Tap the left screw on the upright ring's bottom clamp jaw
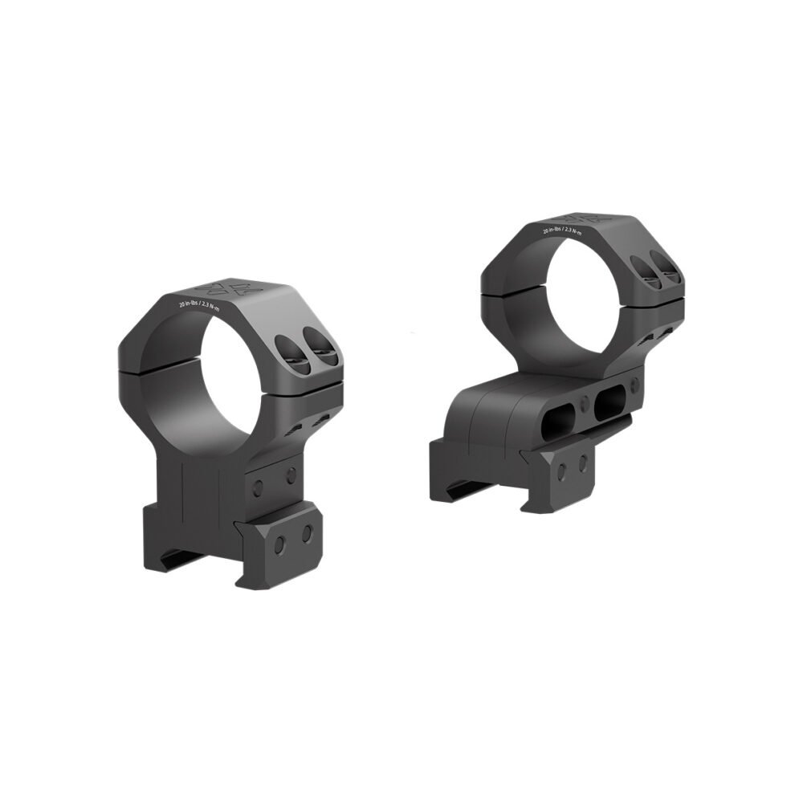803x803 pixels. coord(278,545)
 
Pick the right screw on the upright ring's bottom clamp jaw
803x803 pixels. coord(306,534)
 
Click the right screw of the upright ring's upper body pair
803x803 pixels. coord(291,474)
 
